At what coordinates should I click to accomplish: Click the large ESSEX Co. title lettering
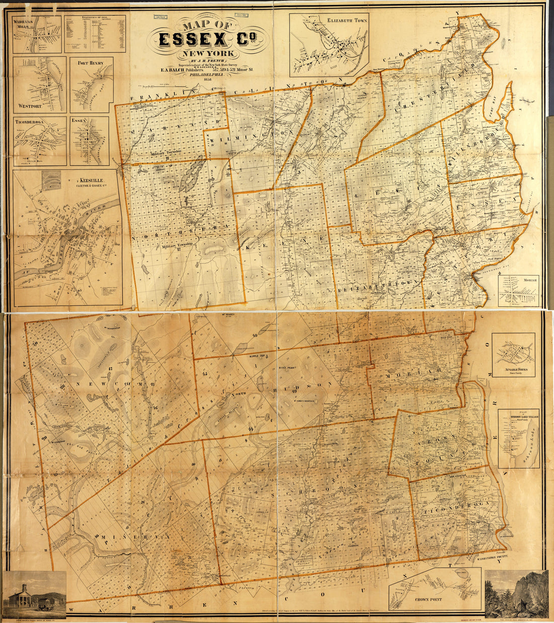coord(204,39)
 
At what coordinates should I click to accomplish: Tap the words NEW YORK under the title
coord(203,53)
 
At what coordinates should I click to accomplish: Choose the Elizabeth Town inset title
coord(347,21)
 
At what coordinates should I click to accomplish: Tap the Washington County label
coord(486,558)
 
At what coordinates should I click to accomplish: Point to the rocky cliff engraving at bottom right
coord(516,594)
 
